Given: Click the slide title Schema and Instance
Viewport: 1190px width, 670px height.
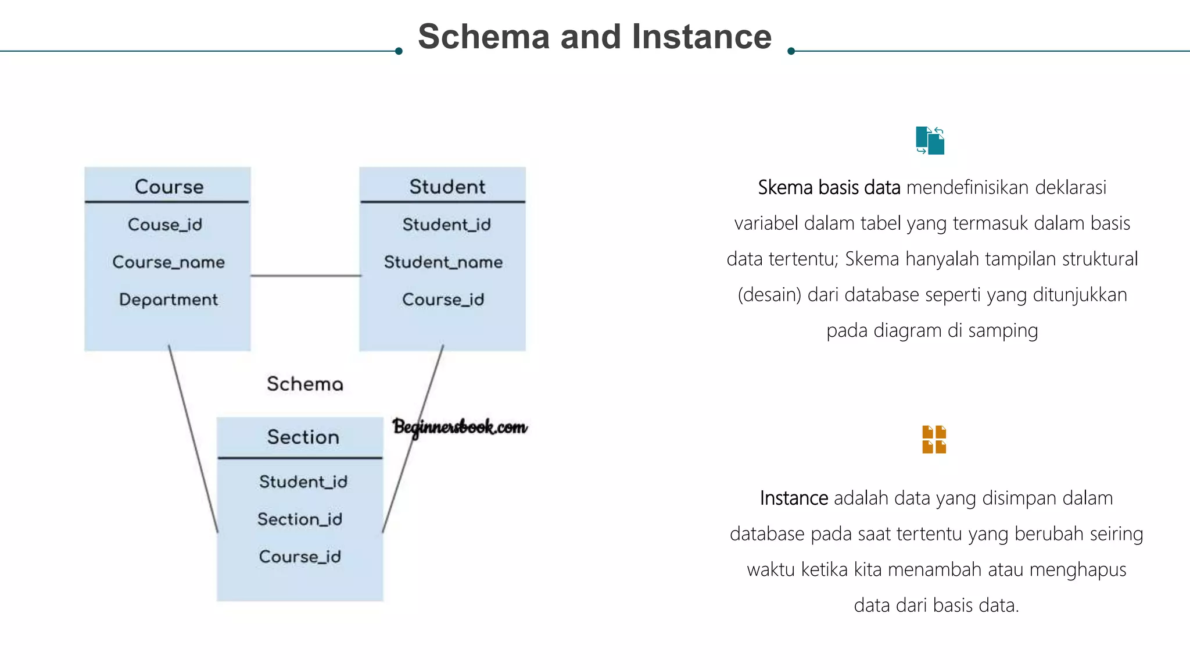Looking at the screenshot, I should coord(594,37).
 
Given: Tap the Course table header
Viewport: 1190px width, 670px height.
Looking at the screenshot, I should coord(169,187).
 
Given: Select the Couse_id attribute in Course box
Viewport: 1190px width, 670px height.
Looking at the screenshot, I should coord(165,224).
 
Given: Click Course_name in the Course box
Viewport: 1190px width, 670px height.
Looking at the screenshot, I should coord(169,262).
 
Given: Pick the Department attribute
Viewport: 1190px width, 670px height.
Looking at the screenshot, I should coord(169,300).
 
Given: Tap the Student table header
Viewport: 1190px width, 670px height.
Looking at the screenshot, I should coord(447,187).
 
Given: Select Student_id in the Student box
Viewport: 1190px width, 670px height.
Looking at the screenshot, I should coord(446,224).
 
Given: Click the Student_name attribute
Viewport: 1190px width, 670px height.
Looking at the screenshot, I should coord(443,262).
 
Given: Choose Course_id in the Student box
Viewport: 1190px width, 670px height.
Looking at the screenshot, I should coord(443,300).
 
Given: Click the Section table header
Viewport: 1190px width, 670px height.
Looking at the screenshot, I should coord(303,437).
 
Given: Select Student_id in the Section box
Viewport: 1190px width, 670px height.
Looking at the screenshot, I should coord(303,482).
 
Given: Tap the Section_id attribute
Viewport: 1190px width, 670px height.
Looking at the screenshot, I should coord(300,519).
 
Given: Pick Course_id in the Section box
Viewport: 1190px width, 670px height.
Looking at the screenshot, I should coord(300,557).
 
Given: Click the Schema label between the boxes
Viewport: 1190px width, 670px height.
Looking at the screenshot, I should coord(304,384).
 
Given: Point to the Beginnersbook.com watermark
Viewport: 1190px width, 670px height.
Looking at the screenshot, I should coord(460,427).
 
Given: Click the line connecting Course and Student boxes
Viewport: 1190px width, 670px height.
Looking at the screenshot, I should coord(305,276).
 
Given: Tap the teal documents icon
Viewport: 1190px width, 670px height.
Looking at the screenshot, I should coord(930,141).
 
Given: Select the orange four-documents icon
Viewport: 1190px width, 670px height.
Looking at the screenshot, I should coord(934,439).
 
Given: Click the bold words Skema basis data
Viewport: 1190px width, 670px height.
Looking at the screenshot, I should coord(829,188).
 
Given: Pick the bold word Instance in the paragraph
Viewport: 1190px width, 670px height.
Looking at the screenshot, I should coord(794,498).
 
